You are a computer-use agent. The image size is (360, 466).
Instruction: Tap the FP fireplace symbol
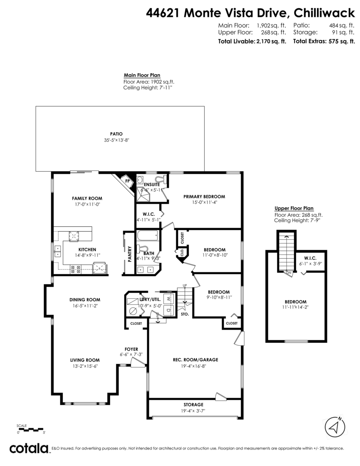[x=127, y=181]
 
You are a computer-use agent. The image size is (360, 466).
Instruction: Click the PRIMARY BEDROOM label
[x=204, y=196]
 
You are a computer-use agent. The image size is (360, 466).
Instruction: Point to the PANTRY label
[x=129, y=254]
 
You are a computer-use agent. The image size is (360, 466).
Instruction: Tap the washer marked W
[x=169, y=299]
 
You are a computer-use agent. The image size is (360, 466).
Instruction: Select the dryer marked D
[x=169, y=311]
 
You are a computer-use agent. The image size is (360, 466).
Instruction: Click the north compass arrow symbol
[x=334, y=427]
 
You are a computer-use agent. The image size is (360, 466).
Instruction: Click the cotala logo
[x=29, y=448]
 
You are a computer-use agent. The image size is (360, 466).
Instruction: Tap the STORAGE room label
[x=193, y=405]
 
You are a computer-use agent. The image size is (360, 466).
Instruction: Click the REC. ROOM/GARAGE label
[x=195, y=360]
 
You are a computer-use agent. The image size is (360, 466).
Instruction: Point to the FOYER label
[x=131, y=349]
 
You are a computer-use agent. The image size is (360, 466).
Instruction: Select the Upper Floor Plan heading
[x=294, y=208]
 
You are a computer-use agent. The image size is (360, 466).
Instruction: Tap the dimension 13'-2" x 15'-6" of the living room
[x=85, y=366]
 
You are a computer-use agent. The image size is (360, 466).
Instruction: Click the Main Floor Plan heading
[x=142, y=75]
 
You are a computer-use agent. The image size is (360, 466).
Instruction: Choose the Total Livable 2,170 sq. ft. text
[x=252, y=41]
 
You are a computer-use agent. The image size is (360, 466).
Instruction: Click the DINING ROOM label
[x=85, y=299]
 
